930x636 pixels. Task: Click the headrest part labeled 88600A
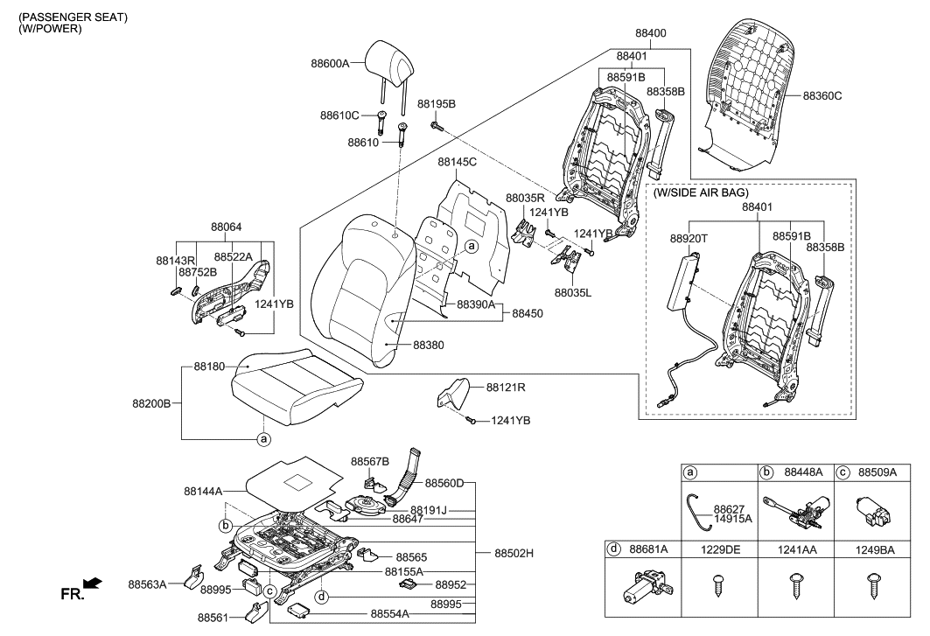pyautogui.click(x=393, y=59)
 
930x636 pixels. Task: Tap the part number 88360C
pyautogui.click(x=822, y=95)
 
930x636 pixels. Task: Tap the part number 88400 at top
pyautogui.click(x=650, y=33)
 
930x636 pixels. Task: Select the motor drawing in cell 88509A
pyautogui.click(x=870, y=509)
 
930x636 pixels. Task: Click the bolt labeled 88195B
pyautogui.click(x=437, y=128)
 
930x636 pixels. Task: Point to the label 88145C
pyautogui.click(x=457, y=162)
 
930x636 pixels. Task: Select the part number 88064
pyautogui.click(x=226, y=226)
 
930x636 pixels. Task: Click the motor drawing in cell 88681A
pyautogui.click(x=642, y=588)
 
